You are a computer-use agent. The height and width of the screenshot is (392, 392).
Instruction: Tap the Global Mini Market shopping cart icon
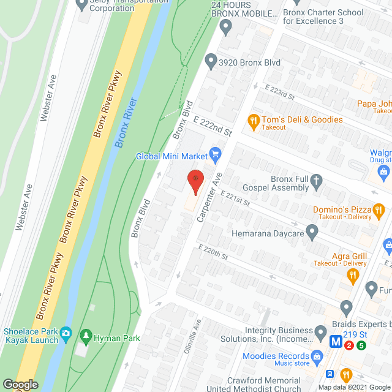pos(214,153)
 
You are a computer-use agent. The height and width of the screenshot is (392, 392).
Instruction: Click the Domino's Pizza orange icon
pos(379,212)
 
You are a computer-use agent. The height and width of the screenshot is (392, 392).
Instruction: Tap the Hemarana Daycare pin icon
pos(312,233)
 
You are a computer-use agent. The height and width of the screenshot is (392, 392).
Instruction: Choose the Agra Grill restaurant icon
pos(352,276)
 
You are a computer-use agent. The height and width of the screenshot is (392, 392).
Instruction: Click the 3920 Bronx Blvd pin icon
pos(211,61)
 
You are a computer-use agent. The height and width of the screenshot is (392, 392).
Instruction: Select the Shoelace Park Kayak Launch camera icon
pos(66,334)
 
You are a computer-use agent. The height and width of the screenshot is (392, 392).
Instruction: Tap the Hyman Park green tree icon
pos(85,337)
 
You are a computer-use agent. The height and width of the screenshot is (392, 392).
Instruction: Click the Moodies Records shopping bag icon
pos(317,356)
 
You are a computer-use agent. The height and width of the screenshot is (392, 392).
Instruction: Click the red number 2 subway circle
pos(349,345)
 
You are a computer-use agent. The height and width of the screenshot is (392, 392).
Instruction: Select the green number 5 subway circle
pos(361,345)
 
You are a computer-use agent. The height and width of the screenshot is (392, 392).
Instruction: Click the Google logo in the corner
pos(20,385)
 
